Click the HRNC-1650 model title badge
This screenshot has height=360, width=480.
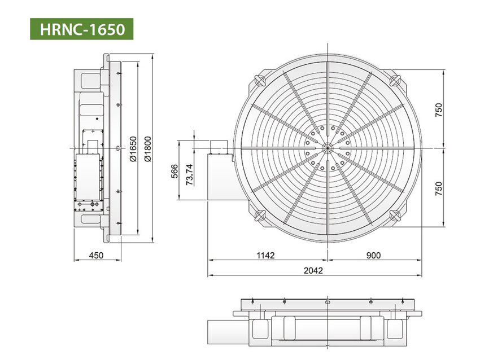[81, 28]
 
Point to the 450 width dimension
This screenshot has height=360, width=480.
[97, 256]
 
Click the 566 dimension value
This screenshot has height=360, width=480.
[174, 171]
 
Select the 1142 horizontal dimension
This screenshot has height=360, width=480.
[265, 256]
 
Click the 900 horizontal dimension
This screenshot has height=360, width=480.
[373, 256]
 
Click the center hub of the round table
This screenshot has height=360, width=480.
[328, 147]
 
